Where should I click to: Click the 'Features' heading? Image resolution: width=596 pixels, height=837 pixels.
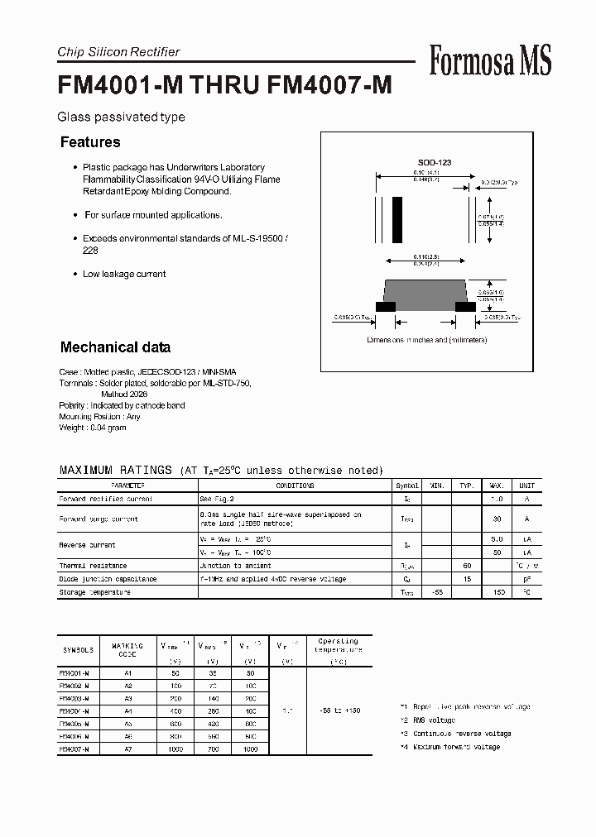coord(90,142)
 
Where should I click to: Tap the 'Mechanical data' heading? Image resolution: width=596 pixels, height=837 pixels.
coord(116,347)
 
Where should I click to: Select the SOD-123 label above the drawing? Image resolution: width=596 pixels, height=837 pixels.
coord(434,163)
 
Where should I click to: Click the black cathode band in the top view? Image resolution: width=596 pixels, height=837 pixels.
coord(397,220)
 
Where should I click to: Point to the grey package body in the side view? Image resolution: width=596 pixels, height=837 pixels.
coord(425,292)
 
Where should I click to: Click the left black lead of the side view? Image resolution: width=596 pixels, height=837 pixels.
coord(386,306)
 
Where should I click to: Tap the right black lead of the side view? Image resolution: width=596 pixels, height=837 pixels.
coord(465,306)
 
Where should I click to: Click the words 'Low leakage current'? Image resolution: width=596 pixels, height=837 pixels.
coord(124,274)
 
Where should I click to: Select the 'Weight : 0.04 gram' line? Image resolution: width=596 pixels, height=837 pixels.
coord(93,428)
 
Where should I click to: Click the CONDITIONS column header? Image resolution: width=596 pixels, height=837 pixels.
coord(295,486)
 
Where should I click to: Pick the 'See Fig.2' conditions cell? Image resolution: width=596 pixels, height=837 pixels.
coord(217,500)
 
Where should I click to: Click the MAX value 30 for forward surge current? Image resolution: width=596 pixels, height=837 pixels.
coord(497,519)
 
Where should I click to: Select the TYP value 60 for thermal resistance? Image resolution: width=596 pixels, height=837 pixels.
coord(467,566)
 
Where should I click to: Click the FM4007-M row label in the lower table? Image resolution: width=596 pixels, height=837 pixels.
coord(76,749)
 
